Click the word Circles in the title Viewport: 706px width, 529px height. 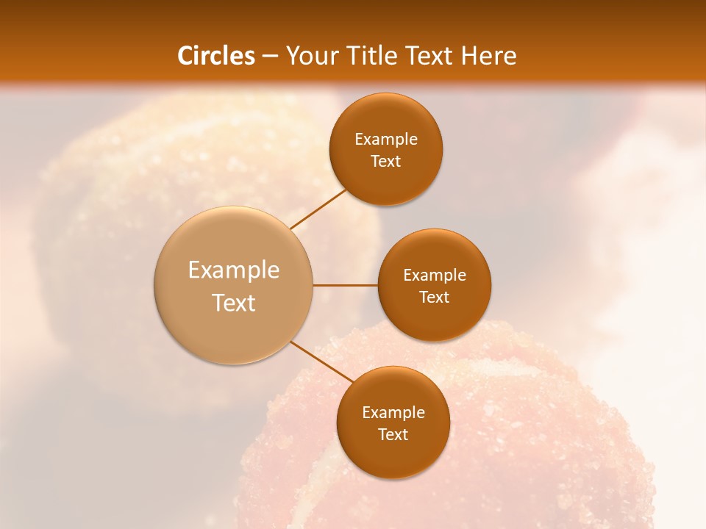click(216, 56)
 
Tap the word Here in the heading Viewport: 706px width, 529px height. click(488, 56)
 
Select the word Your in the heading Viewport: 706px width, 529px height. click(312, 56)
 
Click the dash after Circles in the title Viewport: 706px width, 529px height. click(270, 57)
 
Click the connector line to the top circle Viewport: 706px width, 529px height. click(318, 209)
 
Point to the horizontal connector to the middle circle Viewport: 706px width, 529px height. click(346, 285)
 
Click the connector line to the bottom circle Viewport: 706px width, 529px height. click(322, 362)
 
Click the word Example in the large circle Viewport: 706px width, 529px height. click(234, 270)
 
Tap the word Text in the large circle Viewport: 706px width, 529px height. click(234, 303)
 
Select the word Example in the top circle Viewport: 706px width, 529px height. click(386, 140)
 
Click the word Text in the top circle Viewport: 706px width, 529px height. click(386, 162)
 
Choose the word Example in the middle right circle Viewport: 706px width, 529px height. click(435, 276)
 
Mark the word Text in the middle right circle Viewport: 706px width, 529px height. click(435, 298)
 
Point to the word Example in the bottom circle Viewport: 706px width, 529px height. click(393, 413)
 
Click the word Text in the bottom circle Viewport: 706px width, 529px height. click(393, 435)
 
